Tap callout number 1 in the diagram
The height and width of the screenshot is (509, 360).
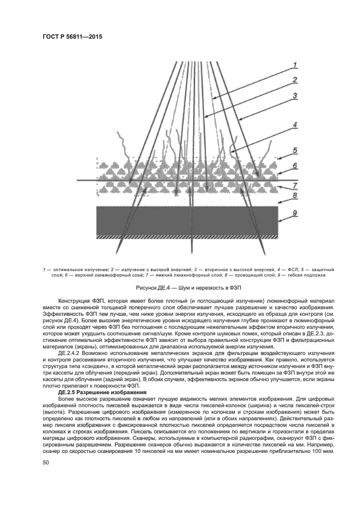295,65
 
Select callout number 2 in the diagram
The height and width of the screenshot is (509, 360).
295,80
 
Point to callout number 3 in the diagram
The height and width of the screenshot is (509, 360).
295,95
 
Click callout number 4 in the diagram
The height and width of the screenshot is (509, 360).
295,125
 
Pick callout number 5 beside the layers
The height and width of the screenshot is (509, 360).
295,150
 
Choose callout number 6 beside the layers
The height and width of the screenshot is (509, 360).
295,165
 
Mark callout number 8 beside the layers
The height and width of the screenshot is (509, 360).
295,195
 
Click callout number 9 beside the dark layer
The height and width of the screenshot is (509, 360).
295,214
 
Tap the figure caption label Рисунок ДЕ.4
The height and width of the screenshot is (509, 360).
154,287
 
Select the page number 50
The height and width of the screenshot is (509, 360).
46,462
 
